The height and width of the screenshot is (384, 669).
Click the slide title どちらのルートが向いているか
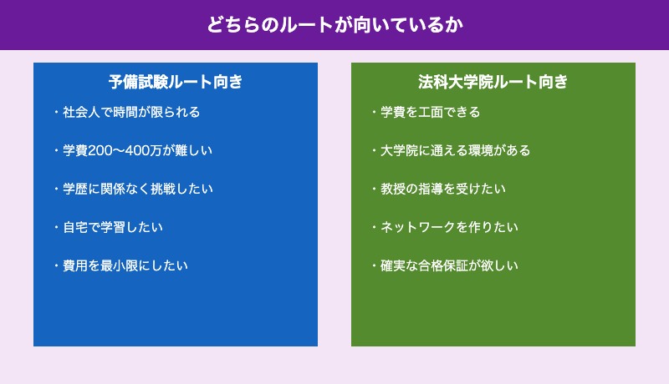(x=334, y=25)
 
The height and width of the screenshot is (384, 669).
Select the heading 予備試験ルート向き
(x=176, y=82)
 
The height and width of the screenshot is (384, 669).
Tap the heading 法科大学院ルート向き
(x=493, y=82)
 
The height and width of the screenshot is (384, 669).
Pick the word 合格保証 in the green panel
(x=455, y=265)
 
